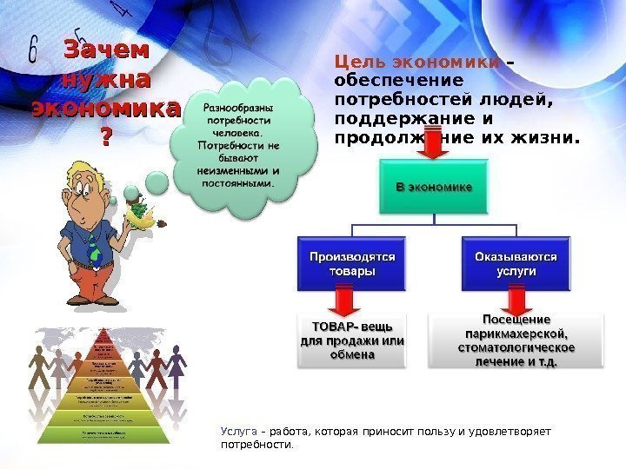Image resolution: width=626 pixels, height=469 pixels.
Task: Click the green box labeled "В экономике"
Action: [x=435, y=186]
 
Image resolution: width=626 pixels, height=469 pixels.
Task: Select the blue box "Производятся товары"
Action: [x=352, y=264]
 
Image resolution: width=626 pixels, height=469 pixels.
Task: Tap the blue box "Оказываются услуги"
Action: [x=516, y=264]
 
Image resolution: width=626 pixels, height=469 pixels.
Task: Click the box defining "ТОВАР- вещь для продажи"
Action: [x=352, y=340]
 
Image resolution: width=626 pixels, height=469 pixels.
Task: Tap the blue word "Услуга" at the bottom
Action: [x=238, y=431]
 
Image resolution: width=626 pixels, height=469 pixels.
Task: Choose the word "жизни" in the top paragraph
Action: [x=549, y=136]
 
